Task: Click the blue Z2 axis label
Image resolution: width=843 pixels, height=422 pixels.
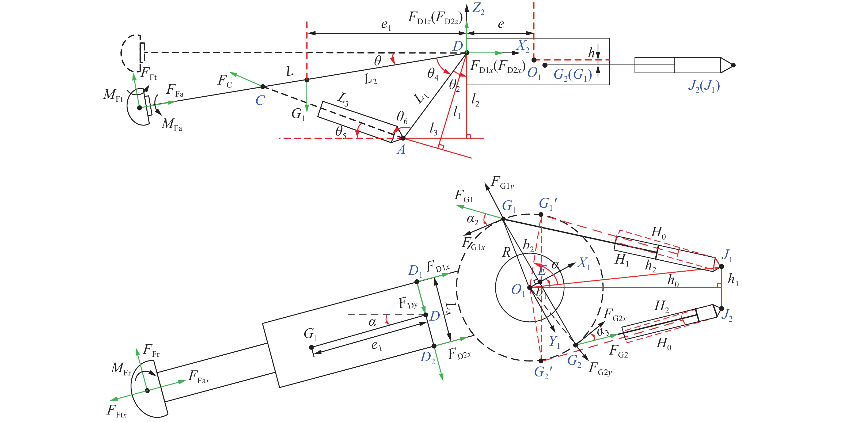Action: point(478,9)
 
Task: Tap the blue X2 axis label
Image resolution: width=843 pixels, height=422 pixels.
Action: point(522,46)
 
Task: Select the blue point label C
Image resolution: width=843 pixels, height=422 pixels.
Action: point(260,100)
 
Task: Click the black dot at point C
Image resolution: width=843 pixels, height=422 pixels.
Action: point(263,87)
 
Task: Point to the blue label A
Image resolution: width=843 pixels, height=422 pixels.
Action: point(401,150)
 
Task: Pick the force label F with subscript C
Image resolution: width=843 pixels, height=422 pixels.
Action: point(225,81)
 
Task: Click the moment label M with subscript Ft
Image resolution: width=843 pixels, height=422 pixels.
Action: point(113,95)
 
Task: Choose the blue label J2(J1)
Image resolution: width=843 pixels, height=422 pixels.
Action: point(704,86)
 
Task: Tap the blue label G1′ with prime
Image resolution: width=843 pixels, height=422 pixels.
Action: point(548,203)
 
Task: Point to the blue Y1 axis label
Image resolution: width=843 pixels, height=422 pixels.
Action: point(554,342)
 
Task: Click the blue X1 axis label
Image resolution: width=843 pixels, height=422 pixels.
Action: point(584,263)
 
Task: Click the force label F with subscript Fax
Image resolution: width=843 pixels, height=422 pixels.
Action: point(199,377)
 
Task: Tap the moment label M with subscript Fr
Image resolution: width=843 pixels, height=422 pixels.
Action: point(121,369)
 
